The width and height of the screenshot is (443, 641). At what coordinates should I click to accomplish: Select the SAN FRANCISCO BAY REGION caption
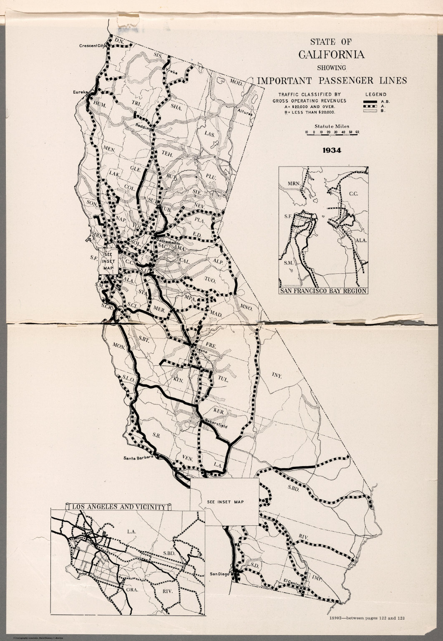tap(323, 291)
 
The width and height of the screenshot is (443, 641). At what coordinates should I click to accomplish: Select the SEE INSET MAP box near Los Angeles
tap(225, 502)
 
